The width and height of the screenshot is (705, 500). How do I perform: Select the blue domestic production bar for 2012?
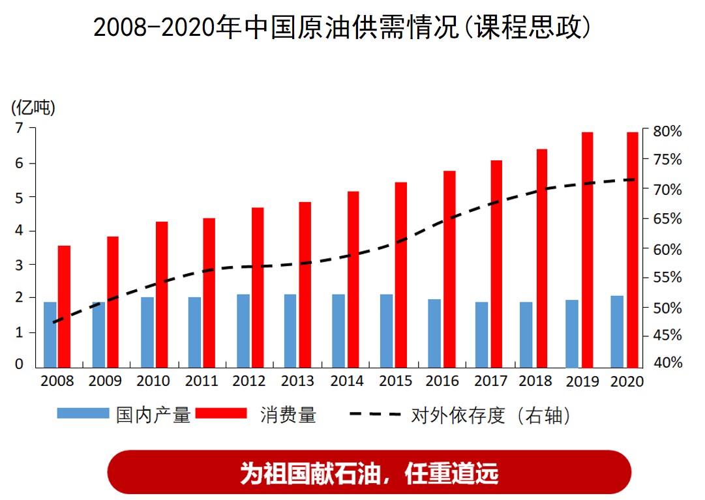243,330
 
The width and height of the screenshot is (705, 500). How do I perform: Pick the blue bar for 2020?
617,331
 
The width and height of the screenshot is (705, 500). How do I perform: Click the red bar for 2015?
400,274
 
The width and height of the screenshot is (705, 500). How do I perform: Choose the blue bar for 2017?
481,333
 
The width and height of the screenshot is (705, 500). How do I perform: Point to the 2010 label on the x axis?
153,381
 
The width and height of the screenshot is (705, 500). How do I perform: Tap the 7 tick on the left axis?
19,128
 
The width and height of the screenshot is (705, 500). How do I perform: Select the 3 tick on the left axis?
19,265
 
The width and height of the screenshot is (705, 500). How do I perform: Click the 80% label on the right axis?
667,131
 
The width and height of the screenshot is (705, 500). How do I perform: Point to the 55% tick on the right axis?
667,278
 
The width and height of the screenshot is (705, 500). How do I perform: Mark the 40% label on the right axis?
667,363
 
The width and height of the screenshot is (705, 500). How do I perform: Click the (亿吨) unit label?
33,108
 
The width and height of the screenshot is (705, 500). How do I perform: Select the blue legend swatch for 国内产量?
83,413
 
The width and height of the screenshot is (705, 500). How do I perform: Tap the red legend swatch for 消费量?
221,413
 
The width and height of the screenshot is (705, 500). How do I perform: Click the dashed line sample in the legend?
375,413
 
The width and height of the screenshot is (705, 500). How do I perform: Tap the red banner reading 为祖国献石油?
369,472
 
